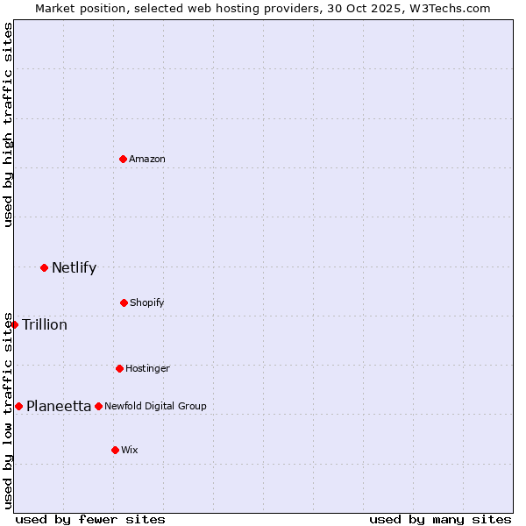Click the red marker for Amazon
pyautogui.click(x=123, y=159)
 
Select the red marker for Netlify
pyautogui.click(x=44, y=267)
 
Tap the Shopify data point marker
pyautogui.click(x=124, y=302)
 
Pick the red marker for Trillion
pyautogui.click(x=14, y=324)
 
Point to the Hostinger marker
pyautogui.click(x=119, y=368)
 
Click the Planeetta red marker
pyautogui.click(x=18, y=406)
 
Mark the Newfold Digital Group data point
pyautogui.click(x=98, y=406)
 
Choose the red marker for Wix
pyautogui.click(x=115, y=450)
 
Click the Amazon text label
pyautogui.click(x=147, y=159)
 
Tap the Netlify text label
pyautogui.click(x=74, y=267)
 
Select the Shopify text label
pyautogui.click(x=147, y=302)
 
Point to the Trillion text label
pyautogui.click(x=45, y=324)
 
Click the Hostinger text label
pyautogui.click(x=147, y=368)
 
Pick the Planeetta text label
pyautogui.click(x=59, y=406)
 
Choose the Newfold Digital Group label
pyautogui.click(x=155, y=406)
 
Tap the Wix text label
pyautogui.click(x=130, y=450)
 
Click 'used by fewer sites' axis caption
pyautogui.click(x=90, y=519)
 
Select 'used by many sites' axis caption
pyautogui.click(x=440, y=519)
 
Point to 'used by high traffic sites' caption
pyautogui.click(x=8, y=124)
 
